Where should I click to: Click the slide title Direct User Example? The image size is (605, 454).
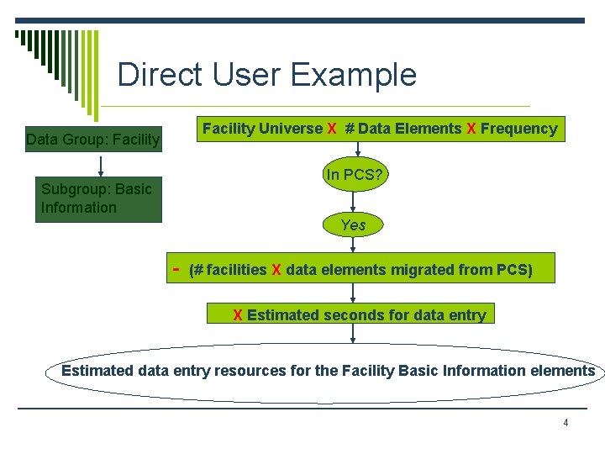[266, 75]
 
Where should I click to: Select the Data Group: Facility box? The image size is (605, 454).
[92, 139]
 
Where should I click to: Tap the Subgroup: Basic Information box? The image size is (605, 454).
[97, 198]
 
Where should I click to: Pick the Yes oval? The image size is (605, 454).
[353, 224]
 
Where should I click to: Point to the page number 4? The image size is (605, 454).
[566, 423]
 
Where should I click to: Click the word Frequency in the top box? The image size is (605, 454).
[518, 129]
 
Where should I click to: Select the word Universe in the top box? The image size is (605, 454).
[291, 129]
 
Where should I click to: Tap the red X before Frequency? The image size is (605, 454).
[471, 129]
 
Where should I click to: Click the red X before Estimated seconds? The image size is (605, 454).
[238, 315]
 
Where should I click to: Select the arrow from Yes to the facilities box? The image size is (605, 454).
[353, 244]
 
